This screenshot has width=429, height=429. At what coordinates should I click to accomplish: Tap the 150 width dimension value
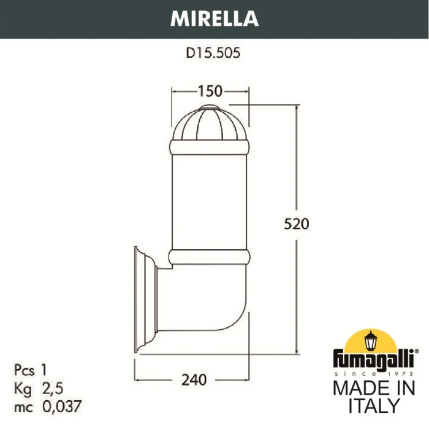tap(210, 91)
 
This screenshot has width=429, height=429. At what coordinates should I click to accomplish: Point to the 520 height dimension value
tap(297, 223)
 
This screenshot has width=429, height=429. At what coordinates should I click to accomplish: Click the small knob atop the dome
tap(211, 108)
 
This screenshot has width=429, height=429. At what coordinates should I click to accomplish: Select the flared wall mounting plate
tap(141, 300)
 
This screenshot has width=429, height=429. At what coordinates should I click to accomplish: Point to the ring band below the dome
tap(211, 147)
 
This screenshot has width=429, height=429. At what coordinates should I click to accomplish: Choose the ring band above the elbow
tap(211, 257)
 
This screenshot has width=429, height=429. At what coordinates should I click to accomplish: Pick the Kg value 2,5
tap(53, 387)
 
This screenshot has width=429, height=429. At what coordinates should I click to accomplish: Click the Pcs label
tap(23, 369)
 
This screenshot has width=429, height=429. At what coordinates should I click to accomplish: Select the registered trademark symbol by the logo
tap(417, 352)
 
